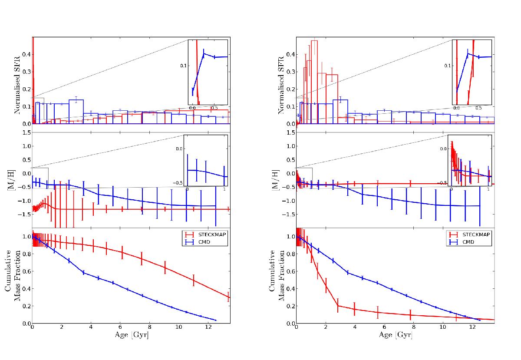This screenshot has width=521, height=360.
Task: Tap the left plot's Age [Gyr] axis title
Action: [x=131, y=335]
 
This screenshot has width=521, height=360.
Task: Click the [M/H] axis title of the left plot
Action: [x=18, y=177]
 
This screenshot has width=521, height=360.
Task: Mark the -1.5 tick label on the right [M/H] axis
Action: [x=288, y=214]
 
